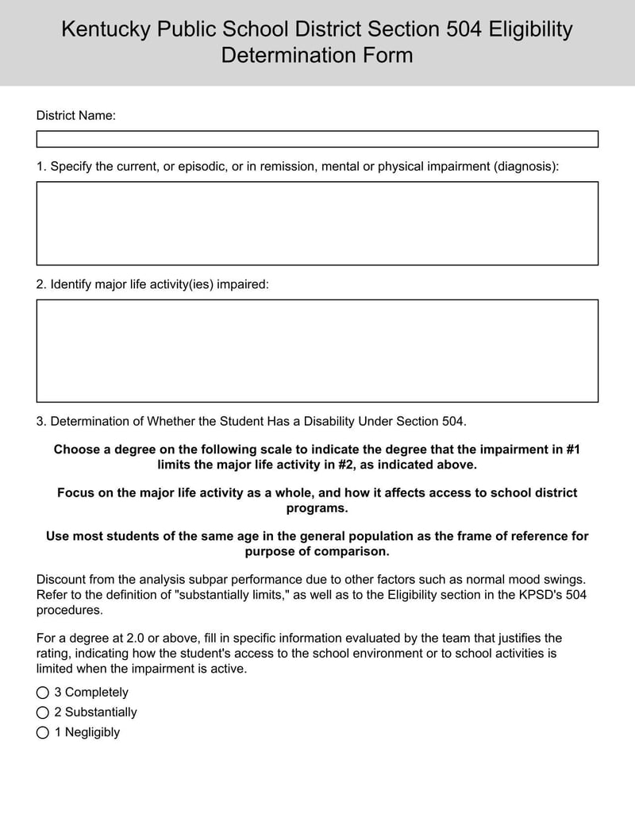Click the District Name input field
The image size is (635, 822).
click(x=317, y=139)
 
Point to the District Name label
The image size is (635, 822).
click(x=75, y=115)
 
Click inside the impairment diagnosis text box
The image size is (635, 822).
click(x=317, y=223)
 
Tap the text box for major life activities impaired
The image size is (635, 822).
click(x=317, y=350)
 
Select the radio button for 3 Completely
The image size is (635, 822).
click(x=43, y=693)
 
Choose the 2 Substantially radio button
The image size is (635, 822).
click(x=43, y=712)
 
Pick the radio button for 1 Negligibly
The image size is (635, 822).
click(x=43, y=732)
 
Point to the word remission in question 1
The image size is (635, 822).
click(x=289, y=166)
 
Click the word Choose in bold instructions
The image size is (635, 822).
click(x=76, y=449)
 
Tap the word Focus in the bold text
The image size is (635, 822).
click(x=75, y=492)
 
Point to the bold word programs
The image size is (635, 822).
click(x=317, y=507)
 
